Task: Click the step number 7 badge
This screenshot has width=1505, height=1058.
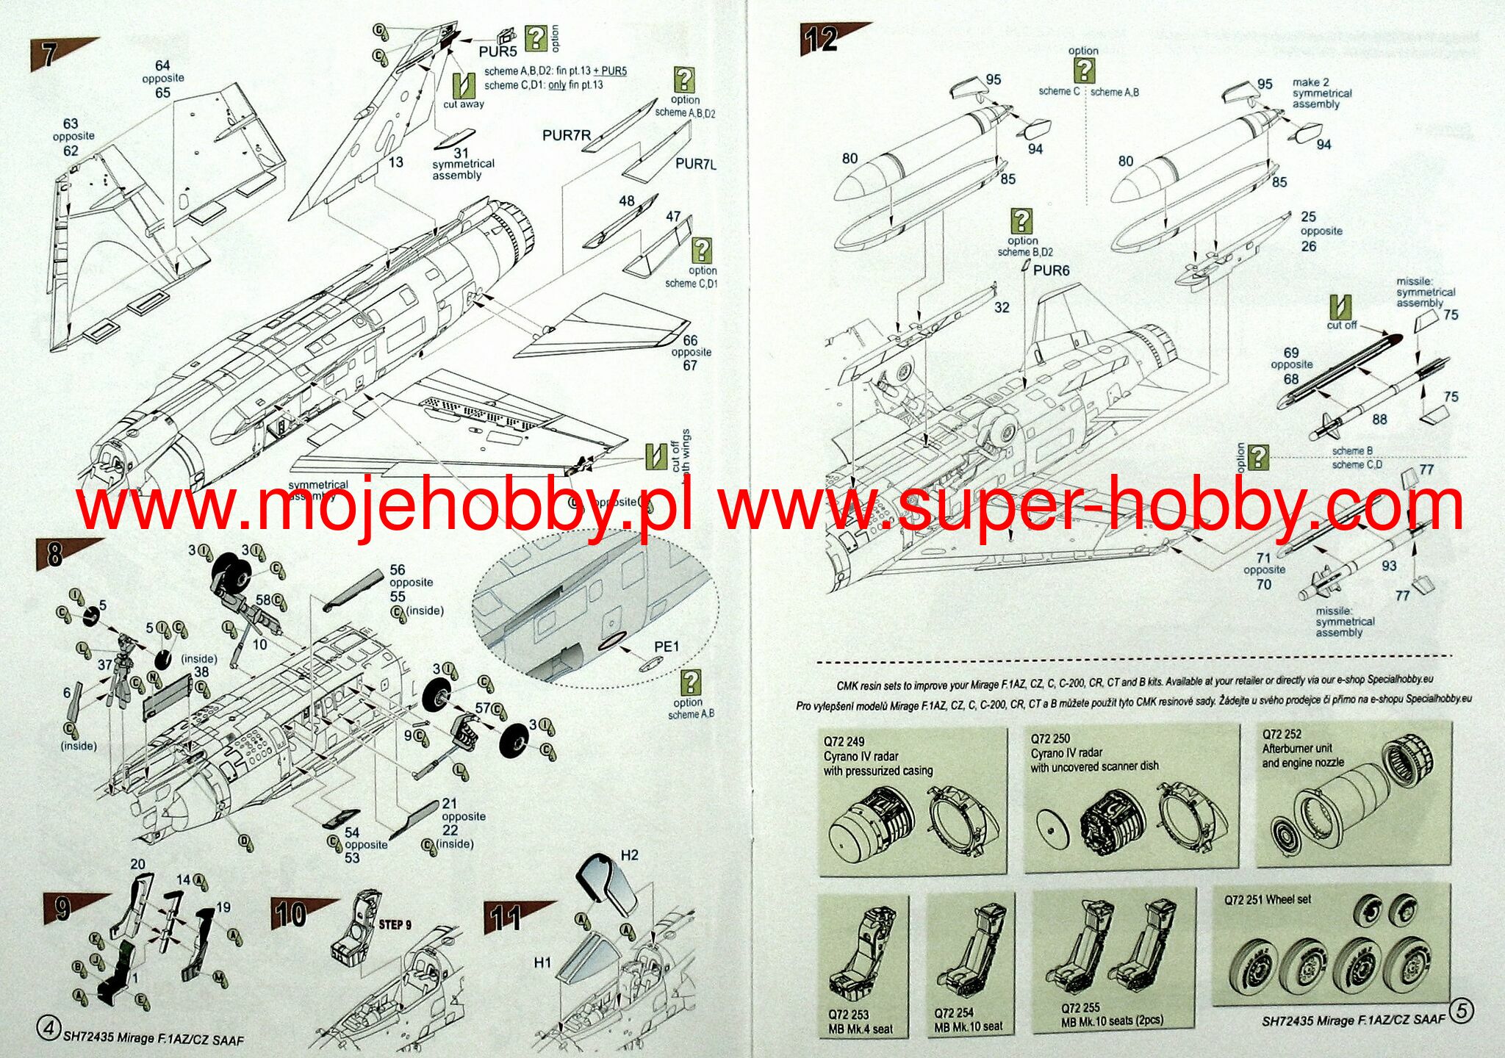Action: pos(48,55)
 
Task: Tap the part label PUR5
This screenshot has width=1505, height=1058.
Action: pos(498,51)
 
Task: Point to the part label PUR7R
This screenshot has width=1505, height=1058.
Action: pos(567,135)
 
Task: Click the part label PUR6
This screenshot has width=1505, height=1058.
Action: pos(1051,270)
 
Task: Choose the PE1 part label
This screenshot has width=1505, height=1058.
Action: pos(667,647)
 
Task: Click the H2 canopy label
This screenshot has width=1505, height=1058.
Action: pos(630,855)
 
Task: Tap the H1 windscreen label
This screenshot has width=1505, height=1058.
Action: pos(542,962)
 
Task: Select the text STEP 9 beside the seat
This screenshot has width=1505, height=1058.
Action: pos(395,924)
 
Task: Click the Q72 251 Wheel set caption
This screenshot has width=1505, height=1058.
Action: pos(1267,899)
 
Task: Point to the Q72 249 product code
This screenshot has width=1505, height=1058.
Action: pos(844,741)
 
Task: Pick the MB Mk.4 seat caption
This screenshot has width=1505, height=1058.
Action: pos(861,1029)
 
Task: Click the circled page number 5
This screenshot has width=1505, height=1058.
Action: pos(1461,1011)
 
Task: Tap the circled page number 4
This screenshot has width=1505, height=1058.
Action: pos(49,1029)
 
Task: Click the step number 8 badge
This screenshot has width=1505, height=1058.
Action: pos(54,554)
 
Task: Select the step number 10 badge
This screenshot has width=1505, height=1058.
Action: pos(290,915)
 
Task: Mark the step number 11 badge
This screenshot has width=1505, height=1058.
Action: pos(506,918)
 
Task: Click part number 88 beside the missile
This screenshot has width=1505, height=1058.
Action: pos(1379,420)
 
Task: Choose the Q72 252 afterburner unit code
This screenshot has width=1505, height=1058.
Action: pos(1282,734)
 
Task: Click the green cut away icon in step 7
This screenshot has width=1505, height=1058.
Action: pos(463,86)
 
